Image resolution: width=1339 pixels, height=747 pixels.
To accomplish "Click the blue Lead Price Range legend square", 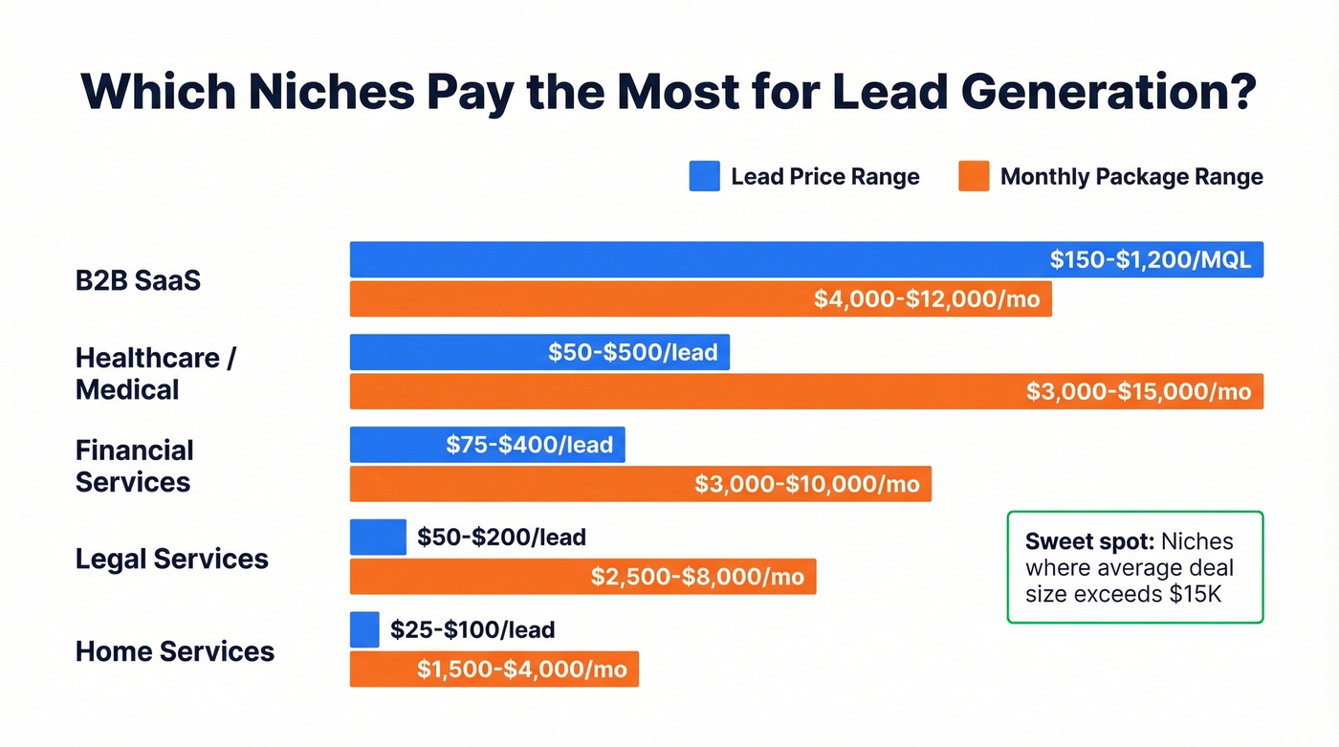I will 704,177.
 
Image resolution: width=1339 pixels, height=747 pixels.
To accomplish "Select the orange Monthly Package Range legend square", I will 974,177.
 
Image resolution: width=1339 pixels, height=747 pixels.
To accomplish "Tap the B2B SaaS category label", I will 138,281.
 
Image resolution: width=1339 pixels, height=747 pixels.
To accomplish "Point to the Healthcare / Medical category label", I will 155,373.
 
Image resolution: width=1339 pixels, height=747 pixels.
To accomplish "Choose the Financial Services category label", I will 134,466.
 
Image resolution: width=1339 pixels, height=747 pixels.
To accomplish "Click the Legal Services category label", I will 171,559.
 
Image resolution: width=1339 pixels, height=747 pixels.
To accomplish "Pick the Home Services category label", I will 174,651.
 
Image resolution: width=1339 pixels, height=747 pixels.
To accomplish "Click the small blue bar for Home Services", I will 364,629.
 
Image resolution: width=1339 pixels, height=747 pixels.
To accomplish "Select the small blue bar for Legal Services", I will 378,538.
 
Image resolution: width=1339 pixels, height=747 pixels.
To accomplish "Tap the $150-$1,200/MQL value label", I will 1150,260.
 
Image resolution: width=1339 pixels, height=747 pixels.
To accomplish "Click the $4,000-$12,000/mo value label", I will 926,299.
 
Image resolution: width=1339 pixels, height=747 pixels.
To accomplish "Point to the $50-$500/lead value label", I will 632,353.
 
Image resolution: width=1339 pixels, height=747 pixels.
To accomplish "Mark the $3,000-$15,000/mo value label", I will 1138,392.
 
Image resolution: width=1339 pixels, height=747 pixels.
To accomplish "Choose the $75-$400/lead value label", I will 529,445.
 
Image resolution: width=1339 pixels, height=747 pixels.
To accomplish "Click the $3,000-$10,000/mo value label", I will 806,484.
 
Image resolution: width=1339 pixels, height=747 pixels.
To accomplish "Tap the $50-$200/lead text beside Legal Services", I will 501,538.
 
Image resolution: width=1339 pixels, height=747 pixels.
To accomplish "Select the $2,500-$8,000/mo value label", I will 697,577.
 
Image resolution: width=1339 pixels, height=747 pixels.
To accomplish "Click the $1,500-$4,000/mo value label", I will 521,670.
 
